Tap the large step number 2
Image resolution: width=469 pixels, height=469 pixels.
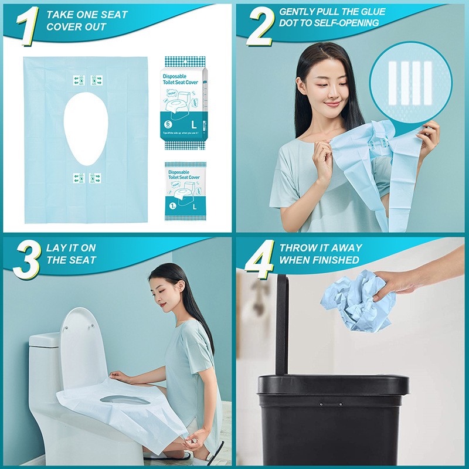260,26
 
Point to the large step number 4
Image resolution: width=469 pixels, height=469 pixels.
259,260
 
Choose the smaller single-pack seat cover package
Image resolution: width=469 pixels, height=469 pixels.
185,191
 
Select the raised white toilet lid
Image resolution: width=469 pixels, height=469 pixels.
79,346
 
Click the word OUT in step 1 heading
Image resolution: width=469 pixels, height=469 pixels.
96,27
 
